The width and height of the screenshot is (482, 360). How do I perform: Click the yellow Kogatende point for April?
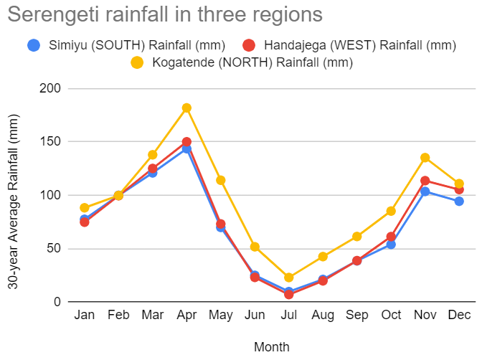point(186,108)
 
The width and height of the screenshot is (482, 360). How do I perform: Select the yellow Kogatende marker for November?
point(425,158)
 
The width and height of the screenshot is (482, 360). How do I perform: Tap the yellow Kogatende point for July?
point(289,278)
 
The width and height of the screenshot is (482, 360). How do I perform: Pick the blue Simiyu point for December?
point(459,202)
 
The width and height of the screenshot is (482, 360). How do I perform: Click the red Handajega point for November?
point(425,181)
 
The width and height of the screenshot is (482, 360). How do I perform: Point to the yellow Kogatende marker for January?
point(85,208)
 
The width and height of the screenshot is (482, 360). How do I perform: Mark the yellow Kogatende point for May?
point(221,180)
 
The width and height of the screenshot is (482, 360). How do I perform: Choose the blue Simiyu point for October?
point(391,245)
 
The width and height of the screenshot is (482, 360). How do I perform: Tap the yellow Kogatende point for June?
point(255,247)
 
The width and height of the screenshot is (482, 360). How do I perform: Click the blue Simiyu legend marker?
point(33,45)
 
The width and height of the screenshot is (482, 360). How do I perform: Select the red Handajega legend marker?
point(248,45)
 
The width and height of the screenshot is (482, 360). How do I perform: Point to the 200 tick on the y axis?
point(58,89)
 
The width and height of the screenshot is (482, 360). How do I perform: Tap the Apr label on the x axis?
point(186,316)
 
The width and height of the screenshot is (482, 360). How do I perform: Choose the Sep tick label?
point(356,316)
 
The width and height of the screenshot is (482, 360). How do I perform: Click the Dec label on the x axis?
point(459,316)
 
